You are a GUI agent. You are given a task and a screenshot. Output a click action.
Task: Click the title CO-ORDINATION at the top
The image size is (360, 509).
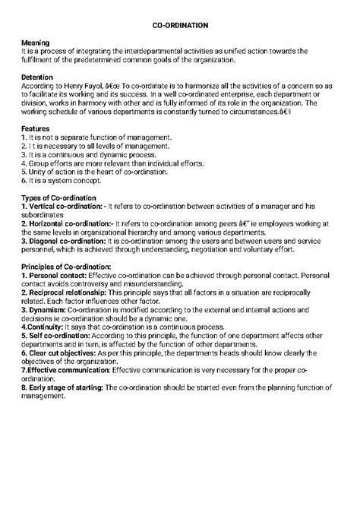180,25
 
